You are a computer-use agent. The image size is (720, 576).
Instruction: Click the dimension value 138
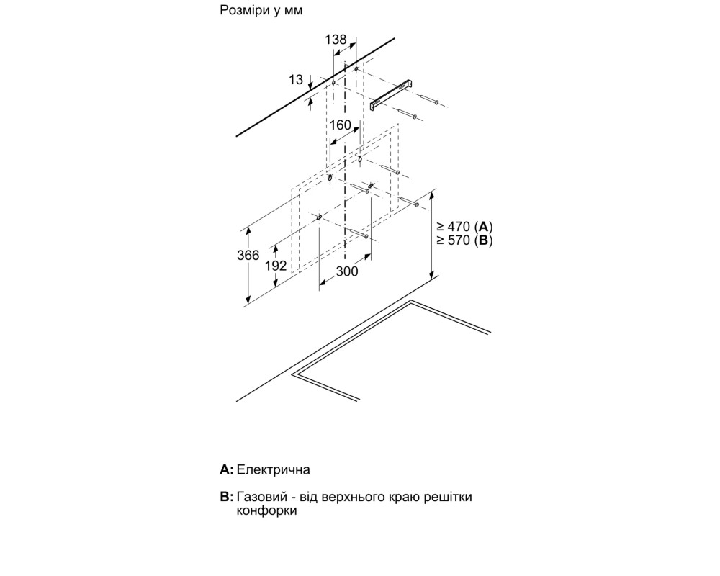click(x=336, y=40)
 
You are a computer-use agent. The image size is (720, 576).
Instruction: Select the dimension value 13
click(x=296, y=80)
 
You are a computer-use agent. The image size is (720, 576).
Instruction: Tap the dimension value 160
click(x=341, y=125)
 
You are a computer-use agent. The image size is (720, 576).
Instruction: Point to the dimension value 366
click(x=248, y=255)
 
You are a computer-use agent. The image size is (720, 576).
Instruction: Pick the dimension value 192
click(x=276, y=266)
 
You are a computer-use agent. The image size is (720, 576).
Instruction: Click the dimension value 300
click(x=347, y=271)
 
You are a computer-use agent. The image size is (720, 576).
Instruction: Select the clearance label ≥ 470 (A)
click(x=464, y=227)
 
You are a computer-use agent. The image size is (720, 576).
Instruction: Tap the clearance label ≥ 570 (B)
click(x=464, y=240)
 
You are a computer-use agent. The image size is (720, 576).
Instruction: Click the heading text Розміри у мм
click(x=261, y=10)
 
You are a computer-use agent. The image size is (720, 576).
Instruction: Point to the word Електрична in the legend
click(x=274, y=469)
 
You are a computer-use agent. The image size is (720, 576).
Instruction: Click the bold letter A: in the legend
click(x=227, y=469)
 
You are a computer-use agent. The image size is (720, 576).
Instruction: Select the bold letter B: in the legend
click(x=227, y=497)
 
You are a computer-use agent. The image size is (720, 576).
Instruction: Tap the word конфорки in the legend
click(x=267, y=510)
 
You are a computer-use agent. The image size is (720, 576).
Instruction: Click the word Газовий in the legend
click(x=263, y=497)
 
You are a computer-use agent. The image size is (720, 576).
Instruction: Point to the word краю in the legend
click(x=402, y=498)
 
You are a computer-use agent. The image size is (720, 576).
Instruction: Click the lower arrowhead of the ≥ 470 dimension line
click(x=431, y=274)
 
